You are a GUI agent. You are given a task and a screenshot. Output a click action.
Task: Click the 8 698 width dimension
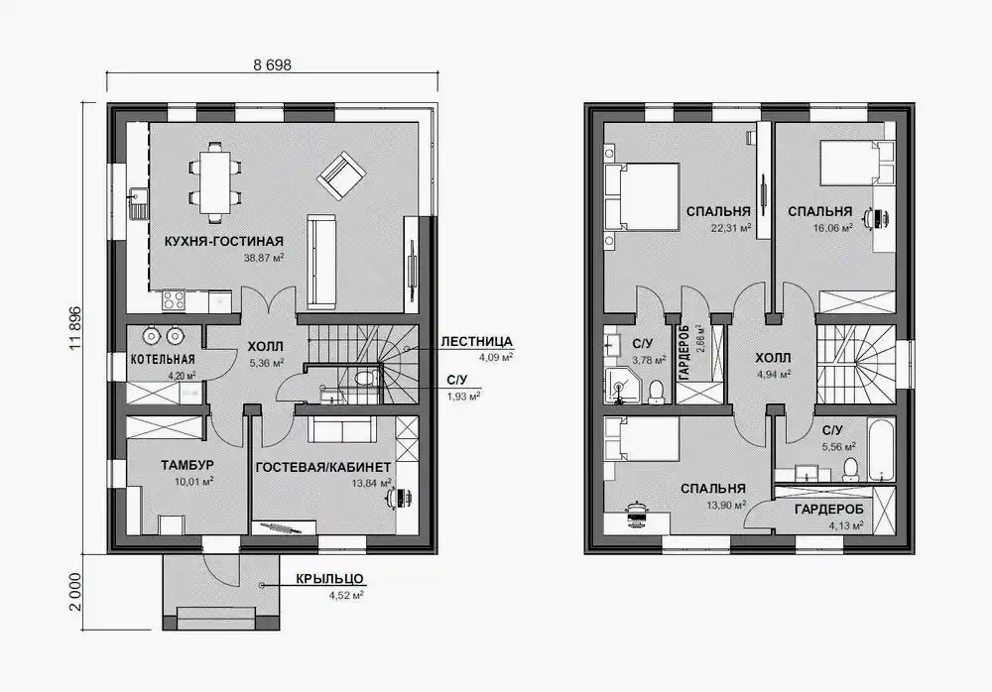(272, 64)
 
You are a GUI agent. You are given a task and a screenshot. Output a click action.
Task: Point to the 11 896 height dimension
(75, 328)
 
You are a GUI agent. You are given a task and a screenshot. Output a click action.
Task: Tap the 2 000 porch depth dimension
(75, 592)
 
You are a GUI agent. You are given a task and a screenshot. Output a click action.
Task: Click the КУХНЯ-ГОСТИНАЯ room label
(224, 241)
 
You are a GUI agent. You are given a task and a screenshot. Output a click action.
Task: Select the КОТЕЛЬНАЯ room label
(163, 359)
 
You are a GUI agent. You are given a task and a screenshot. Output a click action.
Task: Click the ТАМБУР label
(187, 465)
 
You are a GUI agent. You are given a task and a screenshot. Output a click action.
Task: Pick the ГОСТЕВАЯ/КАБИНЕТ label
(323, 467)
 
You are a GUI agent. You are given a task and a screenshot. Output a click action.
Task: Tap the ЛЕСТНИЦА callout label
(476, 342)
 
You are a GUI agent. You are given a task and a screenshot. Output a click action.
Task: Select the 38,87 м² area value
(263, 258)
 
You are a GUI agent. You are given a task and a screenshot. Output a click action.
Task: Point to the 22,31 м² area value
(731, 228)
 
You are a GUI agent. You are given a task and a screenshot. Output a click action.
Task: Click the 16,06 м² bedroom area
(832, 228)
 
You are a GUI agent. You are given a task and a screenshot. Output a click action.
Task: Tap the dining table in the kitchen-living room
(215, 182)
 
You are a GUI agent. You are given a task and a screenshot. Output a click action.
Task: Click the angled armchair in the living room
(341, 175)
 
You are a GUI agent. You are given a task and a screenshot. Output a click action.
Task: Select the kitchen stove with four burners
(174, 299)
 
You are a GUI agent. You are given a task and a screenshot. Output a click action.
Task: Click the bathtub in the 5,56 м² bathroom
(880, 449)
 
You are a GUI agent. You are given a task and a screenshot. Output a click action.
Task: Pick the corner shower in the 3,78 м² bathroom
(621, 385)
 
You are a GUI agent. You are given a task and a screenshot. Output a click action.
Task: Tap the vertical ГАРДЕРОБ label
(683, 353)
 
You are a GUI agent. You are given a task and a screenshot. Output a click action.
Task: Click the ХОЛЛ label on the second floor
(773, 358)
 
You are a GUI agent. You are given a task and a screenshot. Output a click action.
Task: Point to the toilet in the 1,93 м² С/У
(365, 379)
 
